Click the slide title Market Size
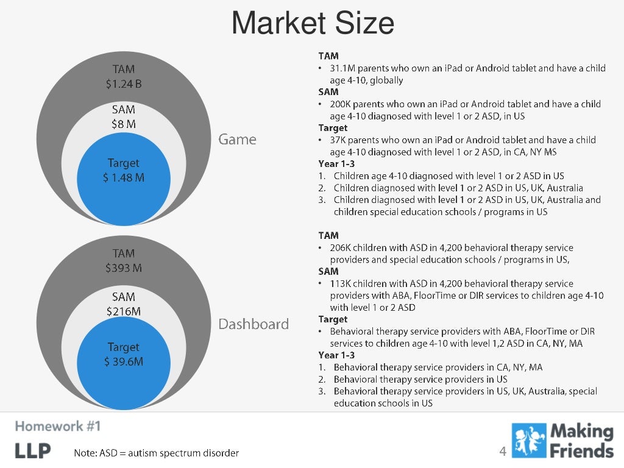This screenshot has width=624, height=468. point(313,23)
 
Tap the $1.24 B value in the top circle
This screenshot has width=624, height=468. point(123,83)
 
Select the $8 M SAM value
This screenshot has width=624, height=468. point(123,124)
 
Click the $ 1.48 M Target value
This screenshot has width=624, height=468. point(123,178)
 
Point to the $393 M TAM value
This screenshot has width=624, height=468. point(123,268)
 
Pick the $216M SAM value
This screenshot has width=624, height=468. point(123,311)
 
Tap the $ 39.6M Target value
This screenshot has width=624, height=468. point(123,362)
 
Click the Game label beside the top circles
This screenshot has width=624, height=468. point(238,140)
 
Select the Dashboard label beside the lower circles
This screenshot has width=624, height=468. point(253,324)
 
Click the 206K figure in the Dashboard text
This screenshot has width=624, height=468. point(342,248)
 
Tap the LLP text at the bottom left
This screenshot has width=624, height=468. point(33,451)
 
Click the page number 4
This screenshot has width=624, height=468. point(503,452)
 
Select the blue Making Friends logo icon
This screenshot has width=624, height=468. point(529,441)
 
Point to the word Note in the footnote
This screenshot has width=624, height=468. point(85,453)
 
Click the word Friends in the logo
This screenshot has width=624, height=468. point(583,450)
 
